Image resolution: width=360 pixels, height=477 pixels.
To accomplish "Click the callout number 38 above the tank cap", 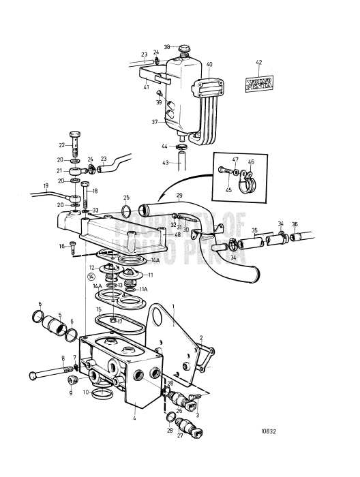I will (166, 48).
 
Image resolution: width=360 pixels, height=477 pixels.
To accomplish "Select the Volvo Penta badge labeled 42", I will (258, 84).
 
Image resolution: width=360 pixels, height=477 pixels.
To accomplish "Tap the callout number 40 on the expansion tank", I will (209, 64).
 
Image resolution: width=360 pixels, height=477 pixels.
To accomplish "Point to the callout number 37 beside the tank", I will (155, 122).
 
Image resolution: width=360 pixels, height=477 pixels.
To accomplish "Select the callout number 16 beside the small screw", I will (61, 246).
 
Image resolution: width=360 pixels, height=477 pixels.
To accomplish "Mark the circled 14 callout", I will (91, 277).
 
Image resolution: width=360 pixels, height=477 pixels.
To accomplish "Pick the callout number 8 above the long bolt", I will (63, 358).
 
